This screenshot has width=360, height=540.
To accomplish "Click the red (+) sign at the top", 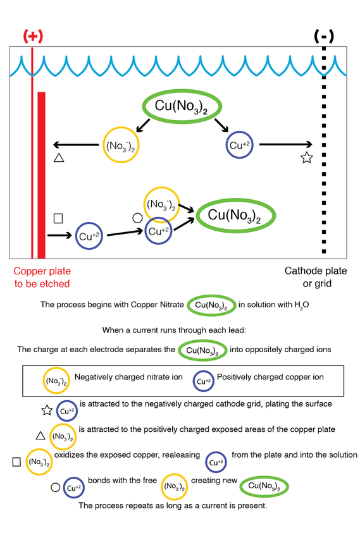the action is pyautogui.click(x=33, y=36).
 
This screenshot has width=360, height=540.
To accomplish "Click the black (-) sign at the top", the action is pyautogui.click(x=324, y=36).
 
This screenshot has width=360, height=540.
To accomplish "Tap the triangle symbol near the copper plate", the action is pyautogui.click(x=59, y=157).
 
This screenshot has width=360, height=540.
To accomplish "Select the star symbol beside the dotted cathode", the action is pyautogui.click(x=307, y=157).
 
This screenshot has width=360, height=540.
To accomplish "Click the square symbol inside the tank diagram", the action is pyautogui.click(x=58, y=218).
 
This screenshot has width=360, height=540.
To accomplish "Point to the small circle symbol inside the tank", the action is pyautogui.click(x=137, y=218).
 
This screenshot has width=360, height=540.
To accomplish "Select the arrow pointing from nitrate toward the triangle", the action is pyautogui.click(x=76, y=145).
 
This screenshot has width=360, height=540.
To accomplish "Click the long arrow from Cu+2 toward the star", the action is pyautogui.click(x=285, y=145).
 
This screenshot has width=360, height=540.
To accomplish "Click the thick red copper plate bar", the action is pyautogui.click(x=41, y=175).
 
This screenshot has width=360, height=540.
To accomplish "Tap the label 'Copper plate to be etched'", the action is pyautogui.click(x=42, y=277).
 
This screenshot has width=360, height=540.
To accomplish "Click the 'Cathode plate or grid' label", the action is pyautogui.click(x=316, y=277).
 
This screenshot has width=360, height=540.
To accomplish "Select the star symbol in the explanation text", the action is pyautogui.click(x=47, y=410).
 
